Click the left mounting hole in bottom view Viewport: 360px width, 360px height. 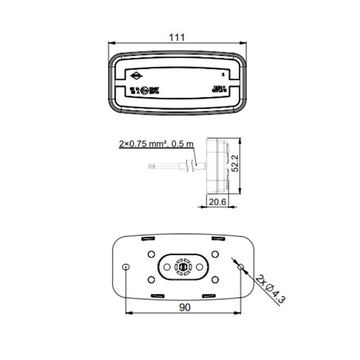[125, 266]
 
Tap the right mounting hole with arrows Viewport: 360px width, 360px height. [241, 266]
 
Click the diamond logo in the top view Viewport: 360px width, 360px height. [137, 76]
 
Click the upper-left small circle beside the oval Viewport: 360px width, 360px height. [151, 253]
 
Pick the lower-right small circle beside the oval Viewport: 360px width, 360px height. [213, 280]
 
